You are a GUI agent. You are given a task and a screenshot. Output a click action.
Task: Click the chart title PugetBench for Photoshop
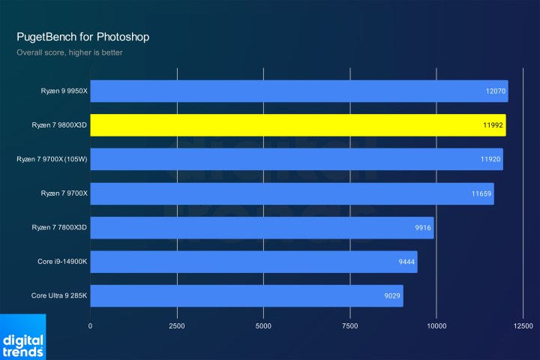[88, 36]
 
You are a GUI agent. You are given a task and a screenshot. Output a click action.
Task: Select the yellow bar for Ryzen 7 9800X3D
[298, 125]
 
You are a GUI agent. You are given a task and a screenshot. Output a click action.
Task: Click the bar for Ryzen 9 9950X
[299, 91]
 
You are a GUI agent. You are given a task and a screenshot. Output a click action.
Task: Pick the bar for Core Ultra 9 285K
[247, 295]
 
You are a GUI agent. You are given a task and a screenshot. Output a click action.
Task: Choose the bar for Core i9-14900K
[253, 262]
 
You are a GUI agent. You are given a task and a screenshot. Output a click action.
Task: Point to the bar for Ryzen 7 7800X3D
[262, 227]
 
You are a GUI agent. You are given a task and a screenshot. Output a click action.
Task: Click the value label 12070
[496, 91]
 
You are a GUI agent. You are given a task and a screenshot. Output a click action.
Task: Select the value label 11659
[481, 193]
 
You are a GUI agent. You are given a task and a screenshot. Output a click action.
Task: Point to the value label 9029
[392, 295]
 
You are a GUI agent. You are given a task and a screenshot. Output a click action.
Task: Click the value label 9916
[422, 227]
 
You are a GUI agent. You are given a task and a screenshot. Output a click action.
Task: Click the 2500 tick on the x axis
[177, 326]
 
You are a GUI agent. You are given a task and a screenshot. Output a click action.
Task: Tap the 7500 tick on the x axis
[350, 326]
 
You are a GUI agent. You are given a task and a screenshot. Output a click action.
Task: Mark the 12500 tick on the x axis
[523, 326]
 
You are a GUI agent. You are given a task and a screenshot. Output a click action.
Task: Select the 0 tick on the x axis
[91, 326]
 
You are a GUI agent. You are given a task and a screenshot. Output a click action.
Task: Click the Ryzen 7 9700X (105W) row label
[52, 159]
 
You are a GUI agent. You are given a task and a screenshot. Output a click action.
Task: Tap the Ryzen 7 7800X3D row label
[59, 227]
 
